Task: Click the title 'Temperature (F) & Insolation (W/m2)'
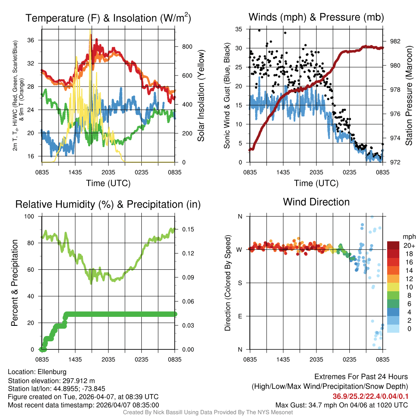(108, 18)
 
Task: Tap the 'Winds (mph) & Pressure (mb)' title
(316, 17)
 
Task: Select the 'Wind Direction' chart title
(316, 202)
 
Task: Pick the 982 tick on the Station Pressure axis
(394, 41)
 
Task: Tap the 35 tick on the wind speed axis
(239, 29)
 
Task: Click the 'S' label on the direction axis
(240, 283)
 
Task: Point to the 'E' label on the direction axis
(240, 316)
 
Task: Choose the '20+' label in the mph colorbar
(408, 246)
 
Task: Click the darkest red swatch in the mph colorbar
(394, 245)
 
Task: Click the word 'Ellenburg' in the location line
(52, 372)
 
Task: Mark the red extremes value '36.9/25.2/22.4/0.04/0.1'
(370, 396)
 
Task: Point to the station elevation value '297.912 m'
(79, 381)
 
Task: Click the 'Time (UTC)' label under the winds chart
(316, 183)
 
